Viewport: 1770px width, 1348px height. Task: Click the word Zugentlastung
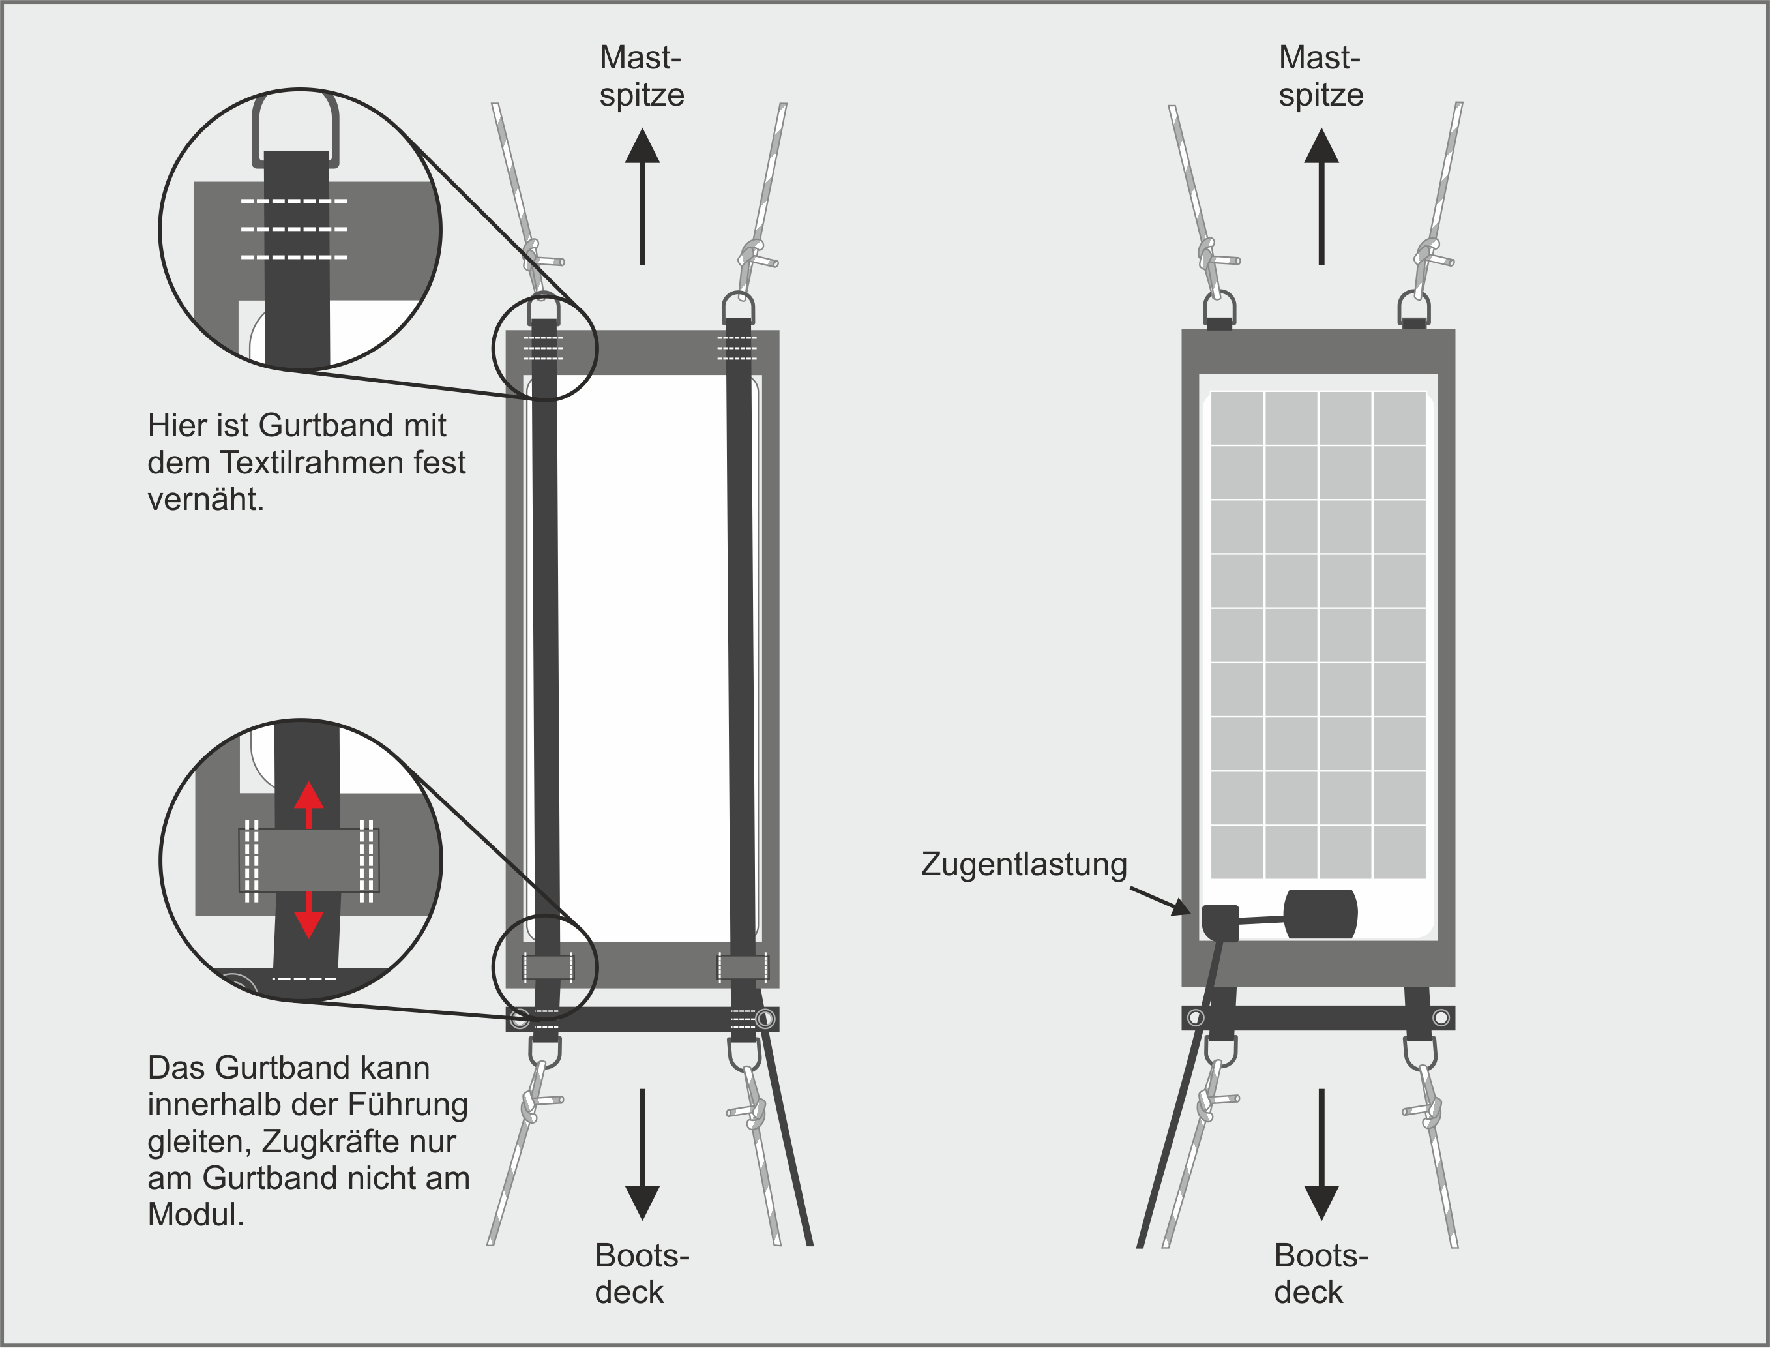[x=1024, y=865]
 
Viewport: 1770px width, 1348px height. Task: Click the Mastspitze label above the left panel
[x=642, y=76]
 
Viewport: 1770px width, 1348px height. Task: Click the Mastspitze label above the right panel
[x=1321, y=76]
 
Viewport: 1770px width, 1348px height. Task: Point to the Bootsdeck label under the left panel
[x=642, y=1274]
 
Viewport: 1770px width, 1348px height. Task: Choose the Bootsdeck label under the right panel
[x=1321, y=1274]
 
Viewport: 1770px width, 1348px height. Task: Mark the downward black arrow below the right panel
[x=1321, y=1156]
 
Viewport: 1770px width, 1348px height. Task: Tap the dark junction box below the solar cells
[x=1320, y=914]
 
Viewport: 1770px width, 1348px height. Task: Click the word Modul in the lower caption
[x=192, y=1215]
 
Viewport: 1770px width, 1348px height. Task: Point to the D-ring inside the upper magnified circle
[x=295, y=128]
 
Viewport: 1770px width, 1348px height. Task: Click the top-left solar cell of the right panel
[x=1237, y=417]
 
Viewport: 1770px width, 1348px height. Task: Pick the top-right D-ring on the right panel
[x=1414, y=307]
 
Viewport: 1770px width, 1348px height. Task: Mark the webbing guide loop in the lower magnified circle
[x=309, y=861]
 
